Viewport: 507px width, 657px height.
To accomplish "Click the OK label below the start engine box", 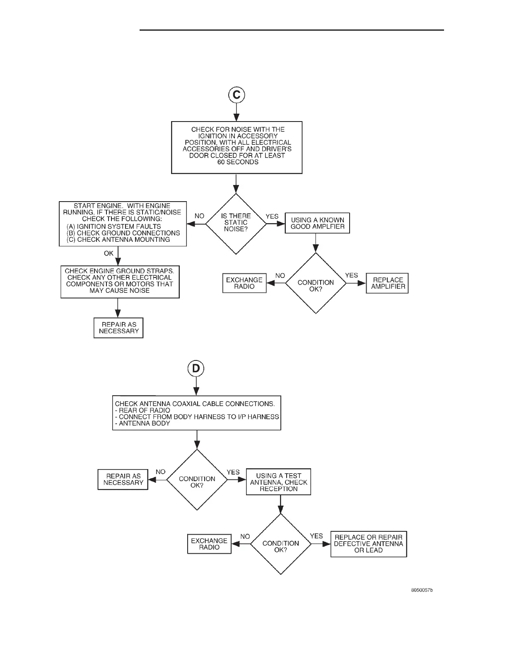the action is click(109, 253).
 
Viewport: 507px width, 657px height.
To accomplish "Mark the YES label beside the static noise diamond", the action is click(272, 217).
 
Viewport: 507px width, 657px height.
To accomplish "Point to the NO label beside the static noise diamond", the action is click(199, 216).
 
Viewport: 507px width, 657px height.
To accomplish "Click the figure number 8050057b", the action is click(422, 590).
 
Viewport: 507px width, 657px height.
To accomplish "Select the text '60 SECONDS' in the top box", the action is click(238, 162).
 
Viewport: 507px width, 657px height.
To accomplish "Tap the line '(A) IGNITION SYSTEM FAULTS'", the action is click(114, 226).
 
